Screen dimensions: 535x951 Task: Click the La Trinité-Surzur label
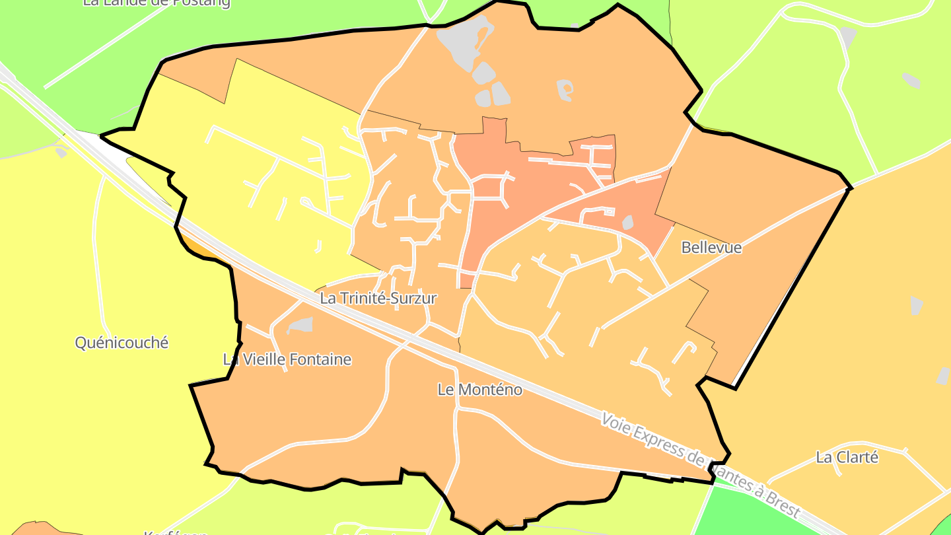[x=378, y=299]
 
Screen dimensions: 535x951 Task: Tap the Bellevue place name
[x=711, y=248]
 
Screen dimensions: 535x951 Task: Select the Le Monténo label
[x=479, y=390]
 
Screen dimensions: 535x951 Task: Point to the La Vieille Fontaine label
[x=287, y=360]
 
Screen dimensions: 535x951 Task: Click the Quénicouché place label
[x=122, y=343]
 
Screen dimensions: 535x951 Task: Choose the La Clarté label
[x=847, y=457]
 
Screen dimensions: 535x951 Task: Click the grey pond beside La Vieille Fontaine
[x=300, y=325]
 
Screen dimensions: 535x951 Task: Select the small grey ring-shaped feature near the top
[x=565, y=89]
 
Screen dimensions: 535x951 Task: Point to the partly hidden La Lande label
[x=157, y=3]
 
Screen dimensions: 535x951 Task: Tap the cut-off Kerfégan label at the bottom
[x=176, y=532]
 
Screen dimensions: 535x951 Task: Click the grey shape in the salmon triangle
[x=627, y=223]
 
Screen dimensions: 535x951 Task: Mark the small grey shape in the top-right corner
[x=911, y=81]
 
